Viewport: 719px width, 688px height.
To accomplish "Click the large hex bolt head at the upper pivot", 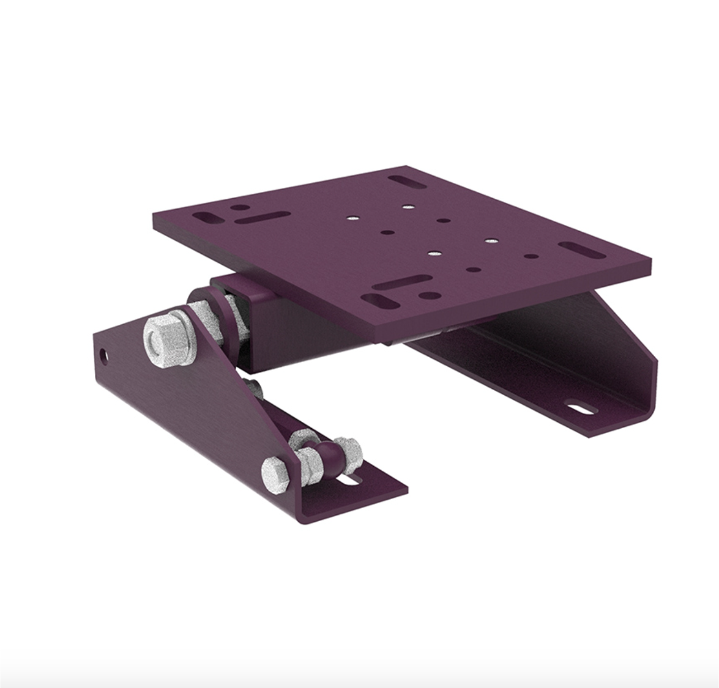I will click(x=165, y=339).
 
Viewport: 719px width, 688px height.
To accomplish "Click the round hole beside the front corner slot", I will click(x=432, y=296).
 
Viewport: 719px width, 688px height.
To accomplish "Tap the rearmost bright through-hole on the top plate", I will click(x=406, y=207).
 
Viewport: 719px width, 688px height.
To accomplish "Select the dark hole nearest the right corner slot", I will click(x=531, y=256).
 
